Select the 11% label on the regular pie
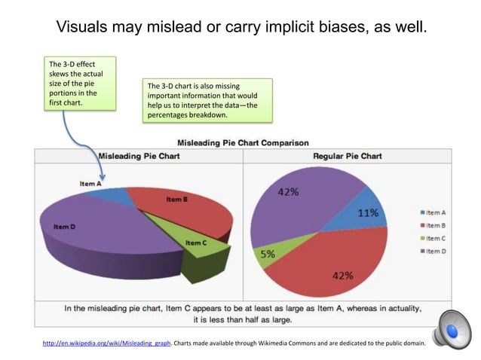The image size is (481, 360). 367,212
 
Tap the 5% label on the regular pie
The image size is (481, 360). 268,255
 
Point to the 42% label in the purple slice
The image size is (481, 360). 287,192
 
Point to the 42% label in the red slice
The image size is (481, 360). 342,275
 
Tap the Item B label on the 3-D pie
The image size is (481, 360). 176,199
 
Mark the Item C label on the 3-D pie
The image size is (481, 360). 195,243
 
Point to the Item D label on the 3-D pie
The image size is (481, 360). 64,226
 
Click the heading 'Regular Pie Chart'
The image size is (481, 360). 347,156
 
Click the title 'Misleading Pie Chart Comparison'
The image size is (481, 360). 242,142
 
